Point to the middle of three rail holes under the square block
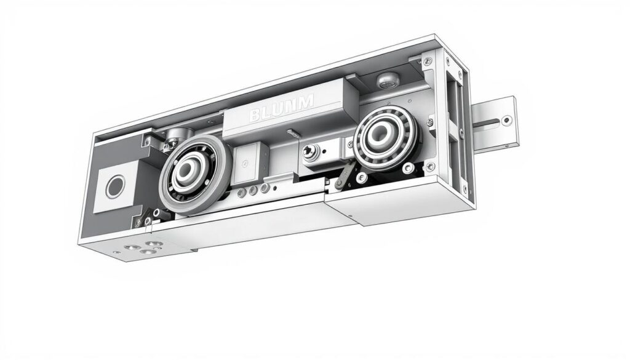tap(254, 190)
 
